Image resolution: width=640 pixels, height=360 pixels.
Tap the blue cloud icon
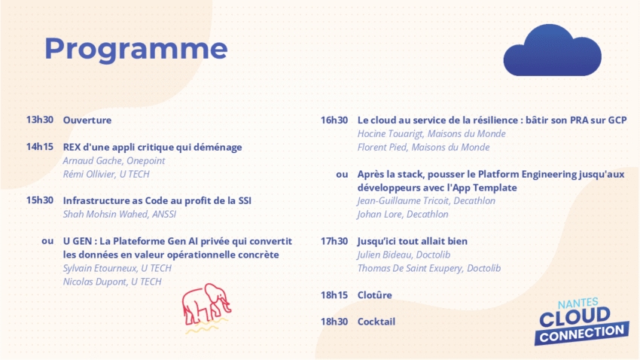[552, 50]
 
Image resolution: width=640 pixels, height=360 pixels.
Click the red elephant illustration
[206, 308]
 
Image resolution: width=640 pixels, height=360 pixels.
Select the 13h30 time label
[40, 120]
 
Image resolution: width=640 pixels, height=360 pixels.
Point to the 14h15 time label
[40, 147]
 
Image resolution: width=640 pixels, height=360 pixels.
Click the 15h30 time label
[40, 200]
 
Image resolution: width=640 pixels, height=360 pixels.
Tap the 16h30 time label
[334, 121]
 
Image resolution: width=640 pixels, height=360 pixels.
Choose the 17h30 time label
[334, 241]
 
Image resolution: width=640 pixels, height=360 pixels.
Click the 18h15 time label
[334, 295]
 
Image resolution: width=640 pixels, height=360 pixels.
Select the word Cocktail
[376, 322]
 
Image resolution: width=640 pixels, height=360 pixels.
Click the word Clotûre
[375, 295]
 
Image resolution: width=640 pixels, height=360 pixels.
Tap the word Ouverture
[87, 120]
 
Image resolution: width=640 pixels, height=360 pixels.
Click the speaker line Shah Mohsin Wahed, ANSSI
[120, 215]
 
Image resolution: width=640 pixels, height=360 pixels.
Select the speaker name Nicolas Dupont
[95, 282]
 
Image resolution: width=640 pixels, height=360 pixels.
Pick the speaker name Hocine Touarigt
[390, 134]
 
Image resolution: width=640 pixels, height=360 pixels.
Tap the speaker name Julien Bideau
[385, 255]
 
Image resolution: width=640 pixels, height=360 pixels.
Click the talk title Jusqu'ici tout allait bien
[413, 241]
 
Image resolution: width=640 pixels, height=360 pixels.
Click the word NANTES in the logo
[578, 304]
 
